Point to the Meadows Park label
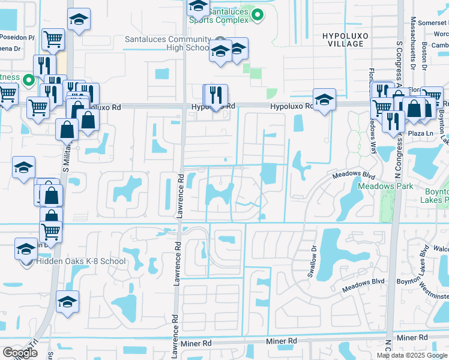pos(385,186)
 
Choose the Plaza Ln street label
pos(421,133)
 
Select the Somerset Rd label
pos(433,22)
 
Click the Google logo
pos(20,352)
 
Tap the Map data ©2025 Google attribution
pos(412,355)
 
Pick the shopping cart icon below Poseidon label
pos(53,40)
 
